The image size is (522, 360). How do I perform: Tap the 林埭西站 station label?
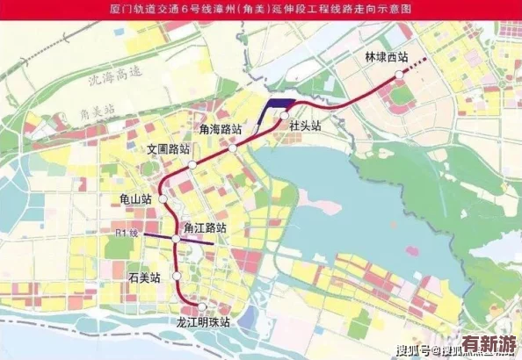coord(387,57)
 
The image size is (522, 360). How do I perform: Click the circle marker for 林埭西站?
coord(399,76)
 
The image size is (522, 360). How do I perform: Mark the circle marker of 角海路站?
coord(233,148)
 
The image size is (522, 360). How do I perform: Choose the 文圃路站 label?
coord(169,148)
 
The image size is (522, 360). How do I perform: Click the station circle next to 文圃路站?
coord(191,164)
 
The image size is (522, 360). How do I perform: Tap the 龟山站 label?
coord(136,199)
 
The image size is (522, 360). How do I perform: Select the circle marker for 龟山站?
coord(163,200)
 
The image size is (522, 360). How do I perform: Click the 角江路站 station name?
coord(205,227)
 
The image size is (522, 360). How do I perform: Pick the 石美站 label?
coord(144,277)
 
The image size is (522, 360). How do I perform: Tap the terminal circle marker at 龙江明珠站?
coord(203,307)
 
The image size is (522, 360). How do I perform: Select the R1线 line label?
coord(127,234)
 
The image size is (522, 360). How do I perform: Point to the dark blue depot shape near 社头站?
coord(279,104)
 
